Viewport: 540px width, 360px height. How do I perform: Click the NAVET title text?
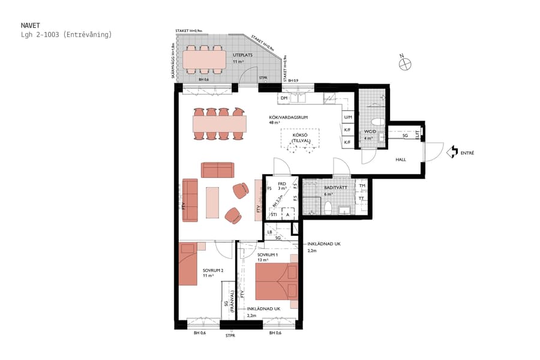[30, 26]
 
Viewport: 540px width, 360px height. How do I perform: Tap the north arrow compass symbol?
[406, 61]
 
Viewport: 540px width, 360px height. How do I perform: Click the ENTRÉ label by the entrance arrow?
[467, 153]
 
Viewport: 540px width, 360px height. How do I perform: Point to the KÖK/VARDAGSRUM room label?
[289, 118]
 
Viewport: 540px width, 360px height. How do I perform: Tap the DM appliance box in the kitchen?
[284, 98]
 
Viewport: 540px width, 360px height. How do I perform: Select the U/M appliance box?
[347, 117]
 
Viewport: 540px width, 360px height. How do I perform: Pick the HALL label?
[400, 160]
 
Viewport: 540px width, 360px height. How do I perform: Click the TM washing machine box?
[362, 186]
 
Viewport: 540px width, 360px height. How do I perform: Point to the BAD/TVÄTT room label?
[334, 188]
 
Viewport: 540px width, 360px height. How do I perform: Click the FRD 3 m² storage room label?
[281, 185]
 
